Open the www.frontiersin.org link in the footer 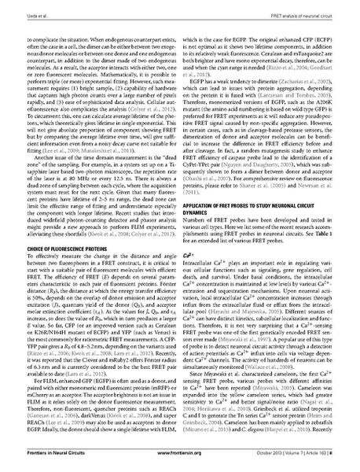click(180, 455)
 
